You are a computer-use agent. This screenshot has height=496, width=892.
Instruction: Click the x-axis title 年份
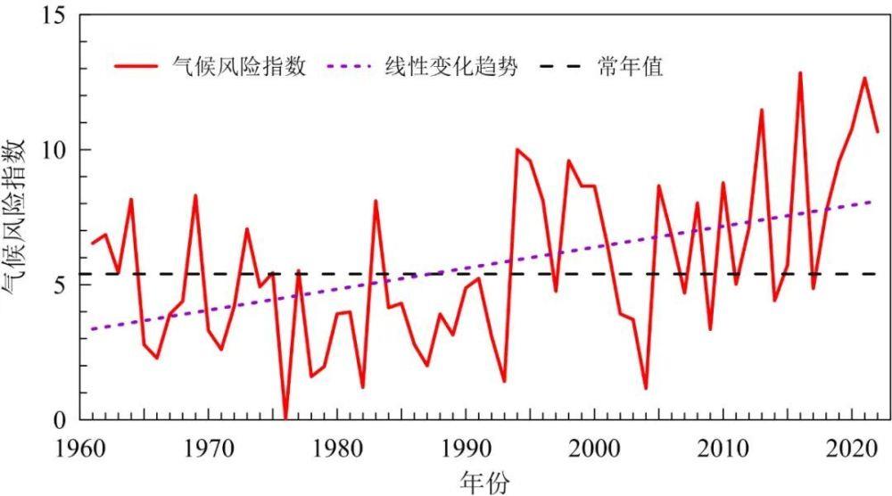485,482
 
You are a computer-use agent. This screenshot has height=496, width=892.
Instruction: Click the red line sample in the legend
136,67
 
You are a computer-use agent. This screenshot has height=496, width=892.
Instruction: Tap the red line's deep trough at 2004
646,388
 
